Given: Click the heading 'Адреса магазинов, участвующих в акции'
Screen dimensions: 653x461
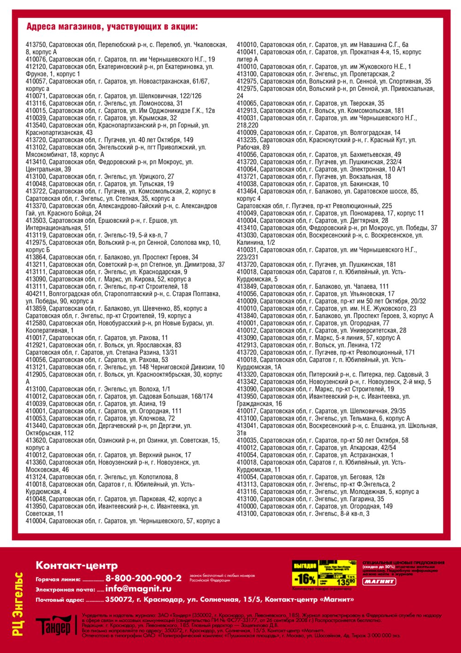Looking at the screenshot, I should pyautogui.click(x=112, y=27).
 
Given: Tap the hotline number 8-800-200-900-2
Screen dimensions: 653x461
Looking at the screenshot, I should pyautogui.click(x=143, y=578).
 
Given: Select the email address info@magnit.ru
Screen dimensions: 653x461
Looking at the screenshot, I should pyautogui.click(x=138, y=589).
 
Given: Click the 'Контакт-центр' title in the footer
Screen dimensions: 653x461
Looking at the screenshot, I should pyautogui.click(x=77, y=565).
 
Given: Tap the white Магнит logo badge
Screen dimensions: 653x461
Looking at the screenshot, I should pyautogui.click(x=379, y=581).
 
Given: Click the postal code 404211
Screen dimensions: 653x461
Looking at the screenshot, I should pyautogui.click(x=36, y=294).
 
